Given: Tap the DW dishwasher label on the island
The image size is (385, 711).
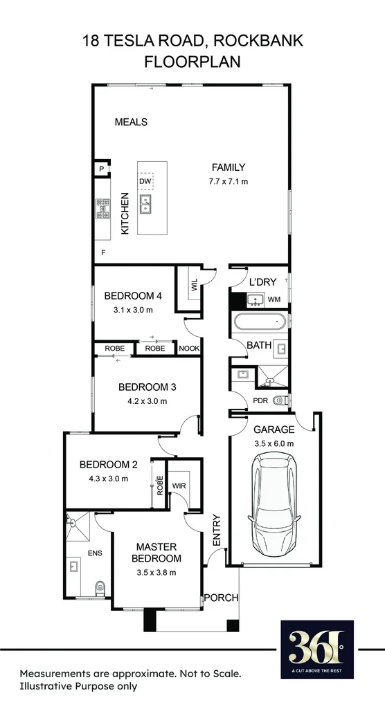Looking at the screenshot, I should point(145,182).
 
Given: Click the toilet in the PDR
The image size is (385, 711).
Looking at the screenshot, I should point(279,400).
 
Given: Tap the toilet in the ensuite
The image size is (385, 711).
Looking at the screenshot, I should point(99,589).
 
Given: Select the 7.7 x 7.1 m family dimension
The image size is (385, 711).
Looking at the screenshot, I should point(229,181).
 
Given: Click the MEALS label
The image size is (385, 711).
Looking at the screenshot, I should point(131,122).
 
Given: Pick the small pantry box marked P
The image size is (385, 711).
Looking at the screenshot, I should point(101,169).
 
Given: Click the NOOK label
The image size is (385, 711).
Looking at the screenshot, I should point(188,349).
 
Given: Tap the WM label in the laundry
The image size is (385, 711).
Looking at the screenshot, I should point(274,299).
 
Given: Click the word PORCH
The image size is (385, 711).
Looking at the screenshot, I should point(221,598).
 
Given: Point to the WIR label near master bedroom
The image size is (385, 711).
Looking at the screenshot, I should point(181,485).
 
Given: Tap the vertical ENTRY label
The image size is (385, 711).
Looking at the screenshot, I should point(217,530).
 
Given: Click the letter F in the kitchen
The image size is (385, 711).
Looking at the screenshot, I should point(103,253).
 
